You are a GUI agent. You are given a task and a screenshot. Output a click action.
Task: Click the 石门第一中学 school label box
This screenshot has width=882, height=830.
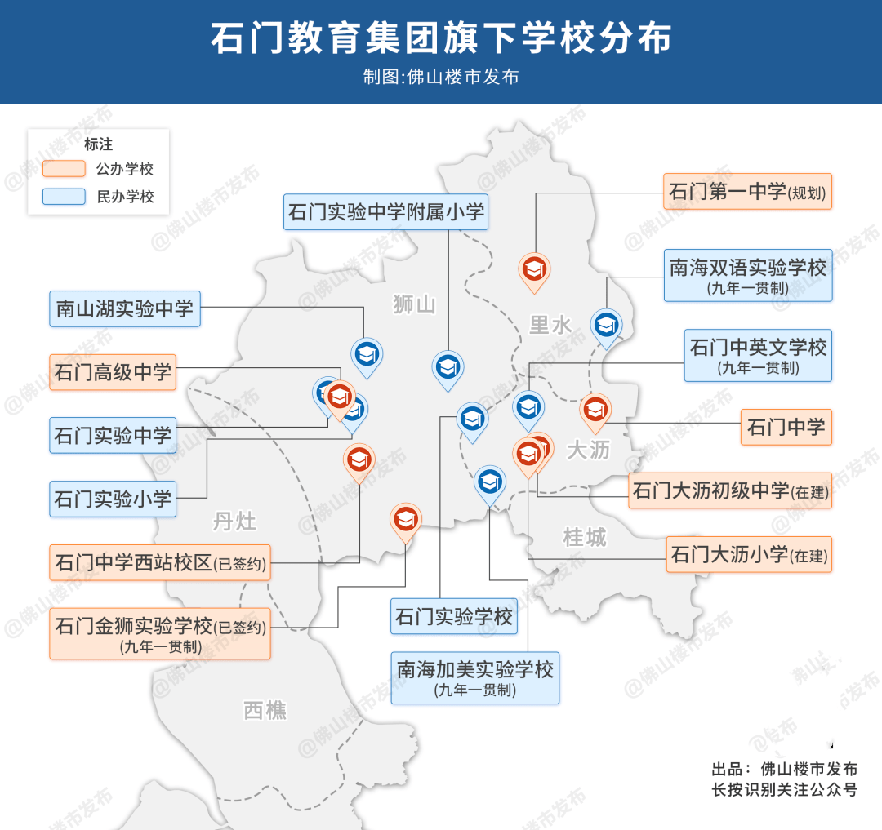pos(746,192)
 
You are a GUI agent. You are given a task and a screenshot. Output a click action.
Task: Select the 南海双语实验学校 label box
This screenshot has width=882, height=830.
pos(747,275)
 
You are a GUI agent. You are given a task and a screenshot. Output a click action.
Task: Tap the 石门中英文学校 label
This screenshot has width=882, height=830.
pos(757,355)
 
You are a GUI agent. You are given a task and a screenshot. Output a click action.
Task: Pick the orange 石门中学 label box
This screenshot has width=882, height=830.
pos(786,427)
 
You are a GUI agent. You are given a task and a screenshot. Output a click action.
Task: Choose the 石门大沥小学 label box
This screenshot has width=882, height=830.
pos(748,555)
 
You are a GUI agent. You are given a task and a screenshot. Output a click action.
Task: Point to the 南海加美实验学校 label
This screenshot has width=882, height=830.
pos(474,677)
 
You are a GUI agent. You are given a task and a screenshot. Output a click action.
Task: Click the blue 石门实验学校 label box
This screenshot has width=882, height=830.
pos(453,616)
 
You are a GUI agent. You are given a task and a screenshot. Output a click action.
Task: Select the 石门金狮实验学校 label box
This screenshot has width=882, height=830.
pos(160,633)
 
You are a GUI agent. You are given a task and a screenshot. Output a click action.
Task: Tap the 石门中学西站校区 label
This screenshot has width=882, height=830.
pos(160,563)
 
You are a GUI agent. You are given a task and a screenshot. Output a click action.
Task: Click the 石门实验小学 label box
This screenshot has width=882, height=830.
pos(113,498)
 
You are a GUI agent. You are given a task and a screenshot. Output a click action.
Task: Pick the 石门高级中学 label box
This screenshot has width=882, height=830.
pos(113,373)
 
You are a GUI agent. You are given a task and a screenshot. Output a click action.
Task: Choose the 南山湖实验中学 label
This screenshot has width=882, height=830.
pos(125,308)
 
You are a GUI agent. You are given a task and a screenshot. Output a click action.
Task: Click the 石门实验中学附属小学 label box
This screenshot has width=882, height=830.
pos(386,213)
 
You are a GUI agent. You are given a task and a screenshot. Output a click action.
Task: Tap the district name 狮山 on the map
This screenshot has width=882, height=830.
pos(414,305)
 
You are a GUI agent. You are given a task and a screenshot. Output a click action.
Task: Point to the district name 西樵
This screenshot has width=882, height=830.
pos(265,710)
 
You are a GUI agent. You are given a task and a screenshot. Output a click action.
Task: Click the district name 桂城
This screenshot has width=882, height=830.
pos(585,537)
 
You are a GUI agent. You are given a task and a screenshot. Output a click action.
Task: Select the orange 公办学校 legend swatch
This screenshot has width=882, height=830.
pos(65,169)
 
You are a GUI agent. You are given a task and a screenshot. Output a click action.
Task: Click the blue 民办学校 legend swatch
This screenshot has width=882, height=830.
pos(65,196)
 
